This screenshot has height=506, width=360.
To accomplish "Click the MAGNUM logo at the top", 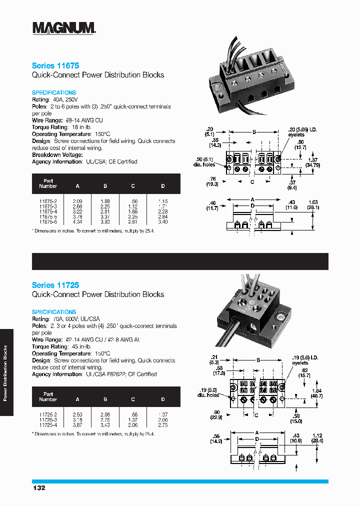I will click(64, 28).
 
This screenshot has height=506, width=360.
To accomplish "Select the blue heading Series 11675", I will click(55, 65).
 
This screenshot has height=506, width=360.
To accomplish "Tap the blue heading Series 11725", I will click(55, 285).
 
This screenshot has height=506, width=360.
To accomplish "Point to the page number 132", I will click(39, 487).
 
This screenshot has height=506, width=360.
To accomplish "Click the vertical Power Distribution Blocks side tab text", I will click(5, 372).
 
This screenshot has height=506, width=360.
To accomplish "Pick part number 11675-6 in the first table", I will click(48, 221).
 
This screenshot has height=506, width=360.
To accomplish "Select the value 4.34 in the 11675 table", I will click(77, 221).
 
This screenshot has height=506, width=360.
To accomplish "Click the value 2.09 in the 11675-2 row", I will click(77, 201).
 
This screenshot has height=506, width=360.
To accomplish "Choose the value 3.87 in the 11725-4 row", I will click(77, 425).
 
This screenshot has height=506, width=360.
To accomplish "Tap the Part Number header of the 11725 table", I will click(48, 397).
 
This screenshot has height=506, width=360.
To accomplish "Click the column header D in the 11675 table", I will click(163, 186).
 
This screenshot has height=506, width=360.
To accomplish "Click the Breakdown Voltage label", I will click(57, 155).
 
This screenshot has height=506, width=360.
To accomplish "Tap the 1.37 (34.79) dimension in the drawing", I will click(313, 162).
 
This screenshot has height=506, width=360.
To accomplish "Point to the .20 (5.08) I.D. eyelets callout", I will click(302, 132).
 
